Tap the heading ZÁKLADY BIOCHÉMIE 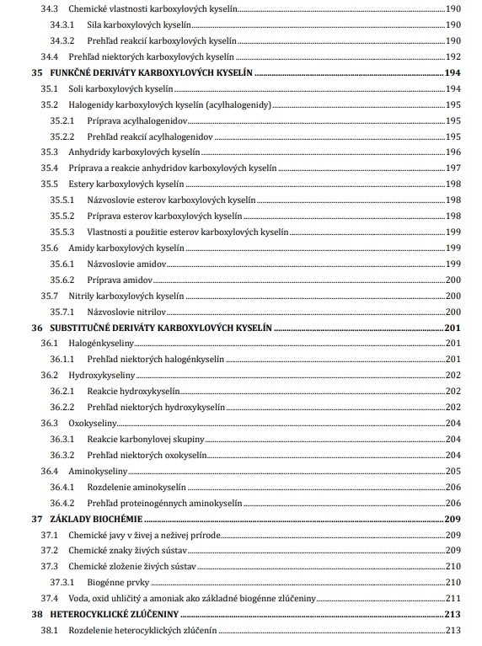(94, 519)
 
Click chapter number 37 (36, 519)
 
